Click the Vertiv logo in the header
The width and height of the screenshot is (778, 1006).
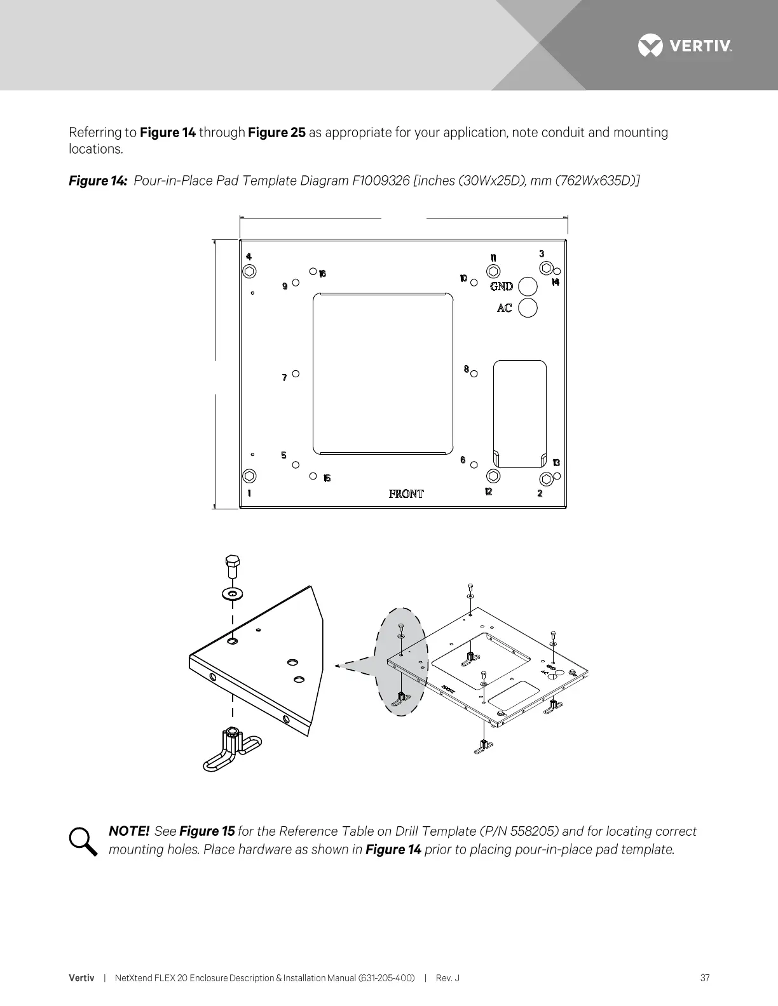click(685, 46)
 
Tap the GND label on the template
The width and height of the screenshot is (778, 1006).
click(502, 286)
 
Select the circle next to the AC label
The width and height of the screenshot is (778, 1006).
click(528, 308)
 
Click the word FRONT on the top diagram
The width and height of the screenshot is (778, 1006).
click(406, 493)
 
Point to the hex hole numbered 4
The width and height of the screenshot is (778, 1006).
click(250, 271)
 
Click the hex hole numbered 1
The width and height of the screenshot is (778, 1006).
click(250, 476)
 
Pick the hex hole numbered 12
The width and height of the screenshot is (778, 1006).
click(493, 476)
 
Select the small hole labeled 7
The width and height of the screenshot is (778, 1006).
click(296, 374)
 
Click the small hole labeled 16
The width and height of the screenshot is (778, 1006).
click(313, 271)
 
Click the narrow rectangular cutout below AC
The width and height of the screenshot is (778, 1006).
click(520, 413)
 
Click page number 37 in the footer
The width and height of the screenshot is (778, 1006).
click(705, 978)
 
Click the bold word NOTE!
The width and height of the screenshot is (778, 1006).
click(129, 831)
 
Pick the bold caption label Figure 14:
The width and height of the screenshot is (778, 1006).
click(98, 181)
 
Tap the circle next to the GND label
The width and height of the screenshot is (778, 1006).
click(528, 286)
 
